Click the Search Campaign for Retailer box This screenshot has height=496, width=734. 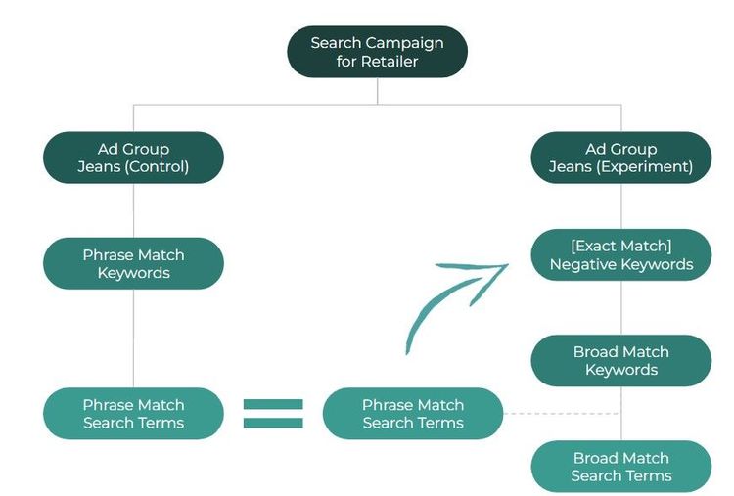[377, 52]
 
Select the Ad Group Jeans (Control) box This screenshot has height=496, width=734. [133, 158]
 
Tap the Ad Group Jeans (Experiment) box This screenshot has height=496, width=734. [620, 158]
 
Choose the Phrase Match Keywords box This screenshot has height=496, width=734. [133, 264]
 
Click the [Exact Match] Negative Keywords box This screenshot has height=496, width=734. [620, 254]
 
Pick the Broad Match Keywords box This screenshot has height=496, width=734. [620, 361]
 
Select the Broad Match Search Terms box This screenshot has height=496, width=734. [620, 467]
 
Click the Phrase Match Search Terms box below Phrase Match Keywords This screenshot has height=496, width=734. [133, 414]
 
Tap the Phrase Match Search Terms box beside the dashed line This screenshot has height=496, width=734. [413, 414]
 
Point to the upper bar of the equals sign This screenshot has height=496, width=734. [273, 403]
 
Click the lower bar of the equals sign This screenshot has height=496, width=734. [273, 423]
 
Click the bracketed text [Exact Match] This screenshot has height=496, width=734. [620, 246]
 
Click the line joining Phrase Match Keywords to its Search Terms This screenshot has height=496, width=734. [133, 338]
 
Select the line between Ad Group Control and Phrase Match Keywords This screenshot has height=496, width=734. [133, 210]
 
